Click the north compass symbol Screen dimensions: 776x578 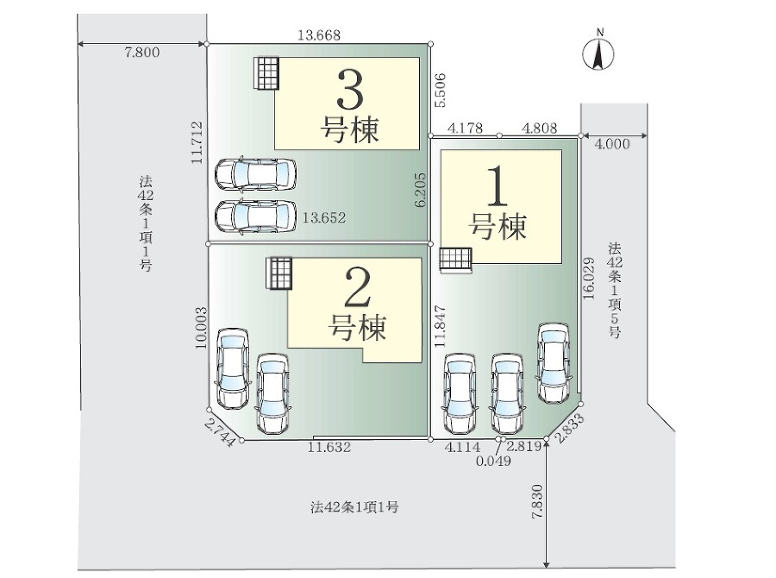(598, 51)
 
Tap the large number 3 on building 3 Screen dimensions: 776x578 (350, 90)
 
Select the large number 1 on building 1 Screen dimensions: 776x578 (498, 186)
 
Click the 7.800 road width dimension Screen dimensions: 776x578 (142, 53)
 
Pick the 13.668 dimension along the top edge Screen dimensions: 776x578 (319, 35)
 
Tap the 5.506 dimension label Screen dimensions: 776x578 (441, 90)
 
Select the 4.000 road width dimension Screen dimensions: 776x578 (612, 144)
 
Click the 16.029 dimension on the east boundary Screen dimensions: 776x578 (588, 279)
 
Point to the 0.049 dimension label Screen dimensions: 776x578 (493, 462)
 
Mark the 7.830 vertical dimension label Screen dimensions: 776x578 (537, 501)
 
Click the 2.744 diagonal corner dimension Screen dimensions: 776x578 (219, 433)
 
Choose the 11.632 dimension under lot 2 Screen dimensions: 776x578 (329, 448)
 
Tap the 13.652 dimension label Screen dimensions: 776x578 (324, 218)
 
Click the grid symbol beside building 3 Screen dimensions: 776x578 (267, 72)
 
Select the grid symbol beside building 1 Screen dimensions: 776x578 (456, 260)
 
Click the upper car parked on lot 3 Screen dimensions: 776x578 (256, 174)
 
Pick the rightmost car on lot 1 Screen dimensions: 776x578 (554, 362)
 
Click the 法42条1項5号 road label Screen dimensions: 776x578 (615, 290)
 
